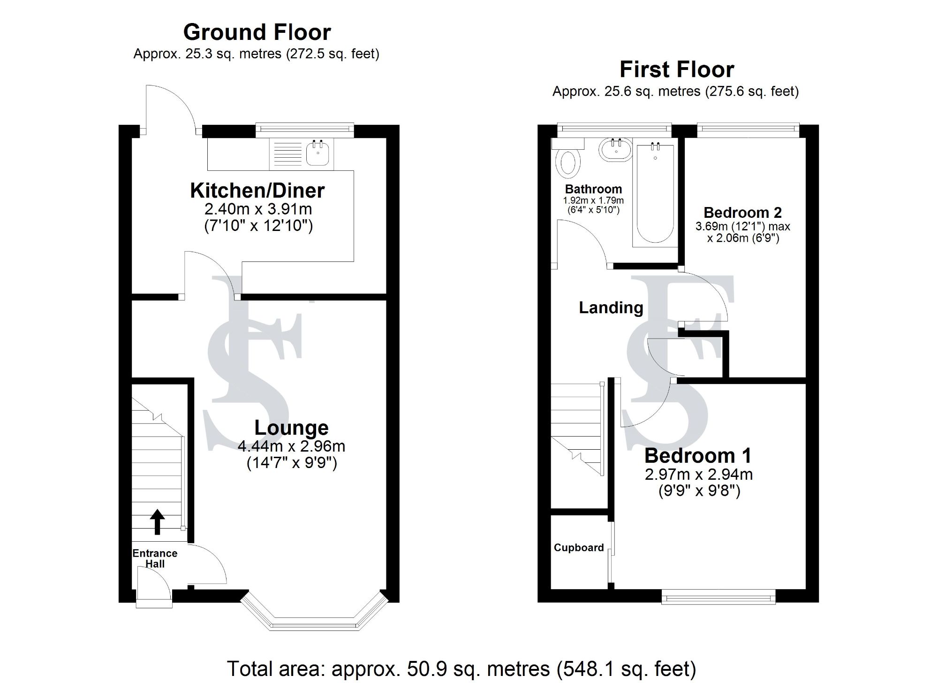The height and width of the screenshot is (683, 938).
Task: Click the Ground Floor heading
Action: coord(257,32)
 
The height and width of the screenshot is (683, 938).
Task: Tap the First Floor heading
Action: coord(676,70)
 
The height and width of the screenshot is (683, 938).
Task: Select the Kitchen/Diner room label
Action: coord(257,191)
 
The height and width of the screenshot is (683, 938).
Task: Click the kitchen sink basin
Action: coord(318,154)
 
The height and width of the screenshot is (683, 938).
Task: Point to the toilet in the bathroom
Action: coord(568,163)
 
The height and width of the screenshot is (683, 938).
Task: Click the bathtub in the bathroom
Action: coord(655,195)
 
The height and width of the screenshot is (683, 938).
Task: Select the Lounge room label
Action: coord(291,428)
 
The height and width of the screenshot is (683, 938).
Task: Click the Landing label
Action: coord(611,307)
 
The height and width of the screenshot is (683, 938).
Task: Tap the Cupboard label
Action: coord(578,548)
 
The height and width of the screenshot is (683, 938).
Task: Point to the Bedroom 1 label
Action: coord(698,456)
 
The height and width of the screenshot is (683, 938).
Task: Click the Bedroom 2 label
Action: coord(742,213)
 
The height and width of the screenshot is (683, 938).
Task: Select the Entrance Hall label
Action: coord(155,558)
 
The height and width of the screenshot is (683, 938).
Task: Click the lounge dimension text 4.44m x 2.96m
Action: coord(291,446)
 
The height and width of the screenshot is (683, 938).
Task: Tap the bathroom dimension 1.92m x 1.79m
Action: coord(593,200)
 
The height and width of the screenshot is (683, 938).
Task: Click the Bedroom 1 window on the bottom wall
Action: coord(718,598)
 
